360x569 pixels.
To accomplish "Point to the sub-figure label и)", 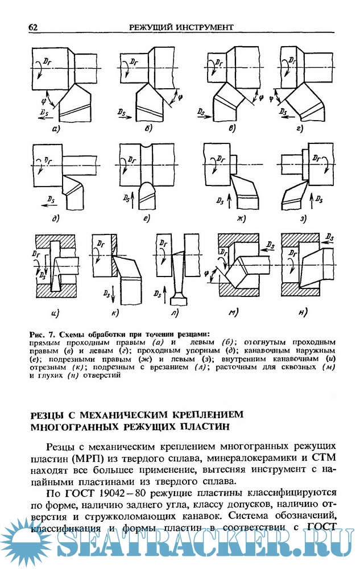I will click(56, 312).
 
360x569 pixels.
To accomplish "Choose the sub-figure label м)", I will click(233, 312).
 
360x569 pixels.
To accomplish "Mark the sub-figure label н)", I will click(302, 312).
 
